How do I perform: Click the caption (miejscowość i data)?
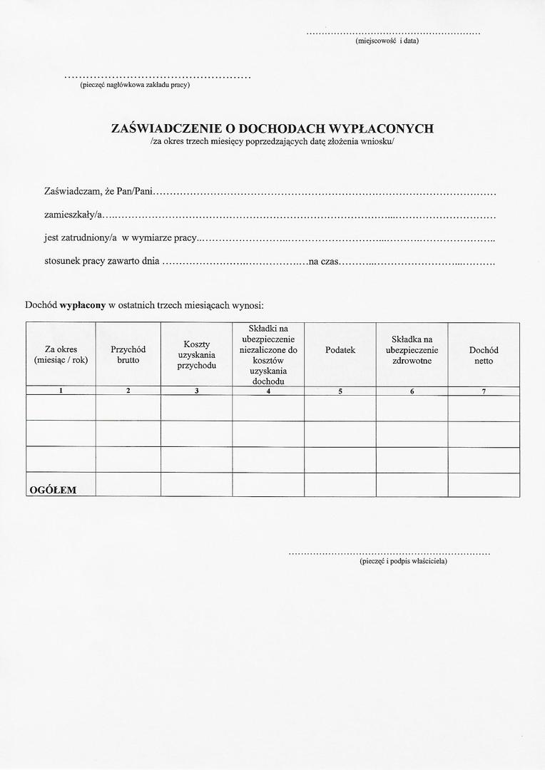[387, 41]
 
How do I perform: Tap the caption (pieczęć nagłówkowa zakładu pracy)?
[135, 85]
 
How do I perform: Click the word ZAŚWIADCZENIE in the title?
[168, 129]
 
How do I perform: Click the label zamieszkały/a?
[74, 215]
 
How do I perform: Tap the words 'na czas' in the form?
[323, 262]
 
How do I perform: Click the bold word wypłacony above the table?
[82, 305]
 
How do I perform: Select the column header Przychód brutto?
[128, 355]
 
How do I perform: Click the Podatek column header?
[340, 350]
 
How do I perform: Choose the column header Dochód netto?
[484, 355]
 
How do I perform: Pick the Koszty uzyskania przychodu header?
[196, 355]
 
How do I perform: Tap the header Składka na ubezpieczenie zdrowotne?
[412, 350]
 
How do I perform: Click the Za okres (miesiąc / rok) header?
[61, 355]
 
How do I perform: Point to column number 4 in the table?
[268, 391]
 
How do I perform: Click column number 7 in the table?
[484, 391]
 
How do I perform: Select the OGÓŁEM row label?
[52, 490]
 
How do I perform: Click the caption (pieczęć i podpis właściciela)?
[404, 561]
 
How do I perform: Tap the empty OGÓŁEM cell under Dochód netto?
[484, 485]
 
